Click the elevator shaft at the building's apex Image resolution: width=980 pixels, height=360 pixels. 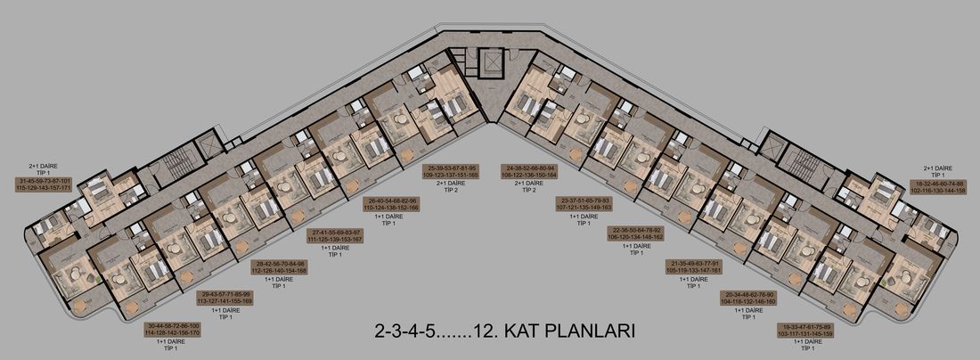490,64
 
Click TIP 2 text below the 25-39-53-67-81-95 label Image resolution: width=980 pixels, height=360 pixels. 453,190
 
